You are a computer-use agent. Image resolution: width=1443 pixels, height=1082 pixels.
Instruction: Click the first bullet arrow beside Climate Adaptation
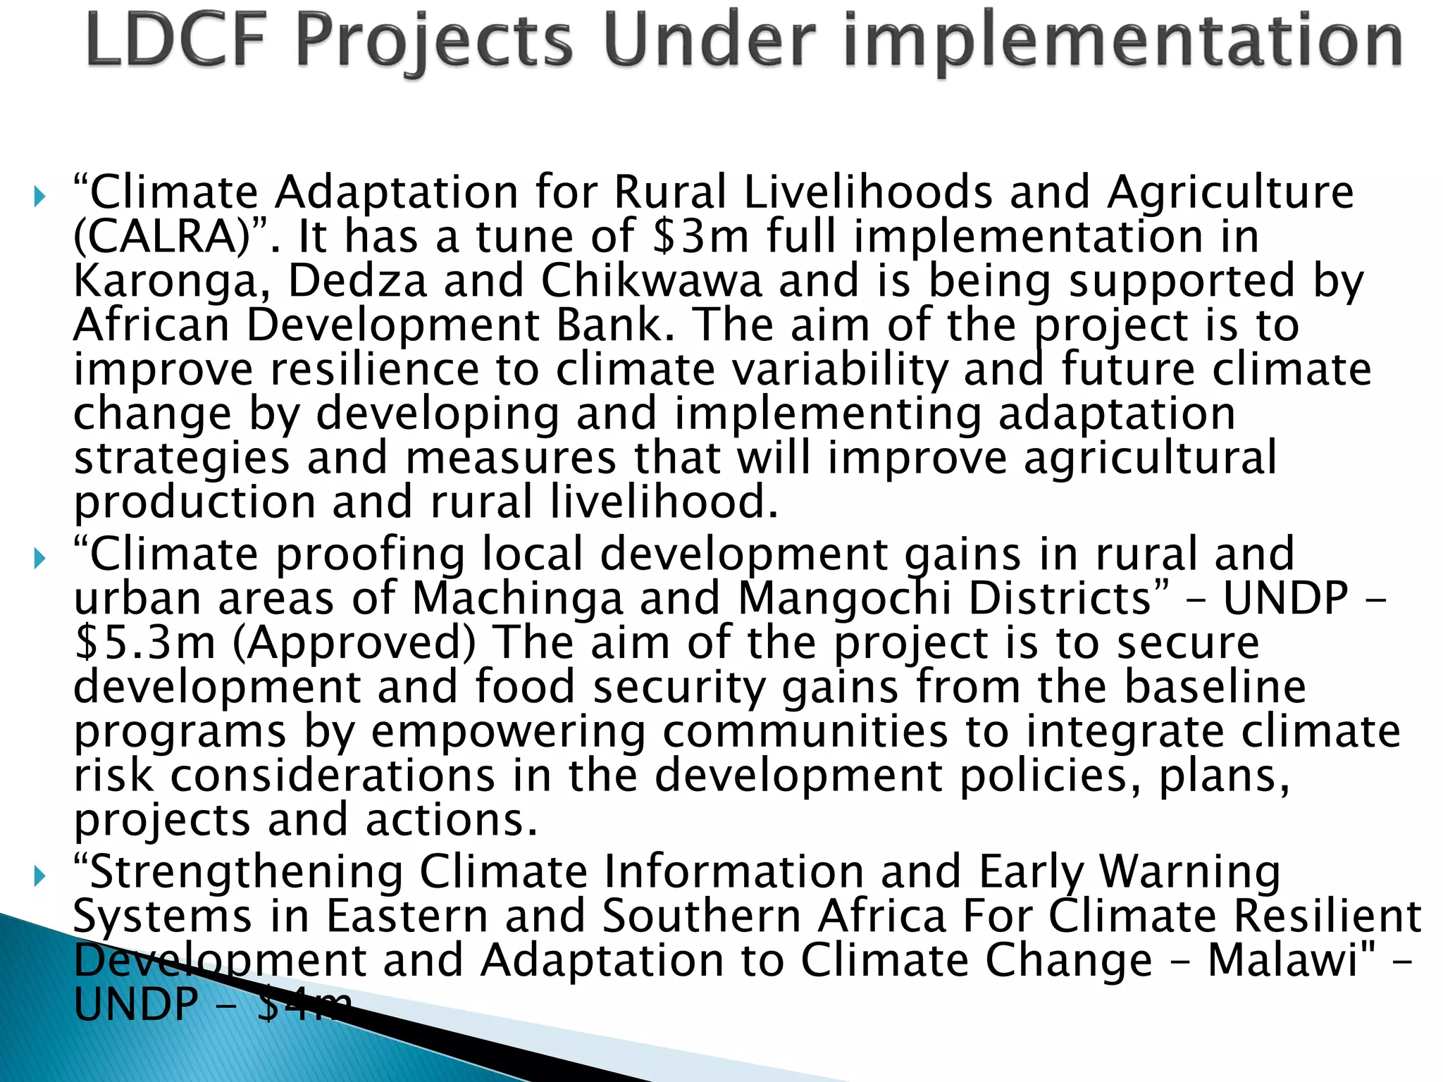tap(39, 196)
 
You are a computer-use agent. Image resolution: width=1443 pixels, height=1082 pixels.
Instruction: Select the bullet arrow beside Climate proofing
tap(39, 559)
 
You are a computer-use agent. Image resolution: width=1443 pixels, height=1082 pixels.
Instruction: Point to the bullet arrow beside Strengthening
tap(39, 876)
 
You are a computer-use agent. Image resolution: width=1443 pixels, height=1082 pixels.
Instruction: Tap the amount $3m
tap(700, 237)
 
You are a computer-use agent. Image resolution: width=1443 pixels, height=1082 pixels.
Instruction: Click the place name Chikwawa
tap(651, 281)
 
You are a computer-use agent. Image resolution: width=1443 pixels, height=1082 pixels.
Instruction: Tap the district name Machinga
tap(517, 599)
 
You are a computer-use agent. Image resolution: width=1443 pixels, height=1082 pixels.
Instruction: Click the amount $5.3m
tap(145, 643)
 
